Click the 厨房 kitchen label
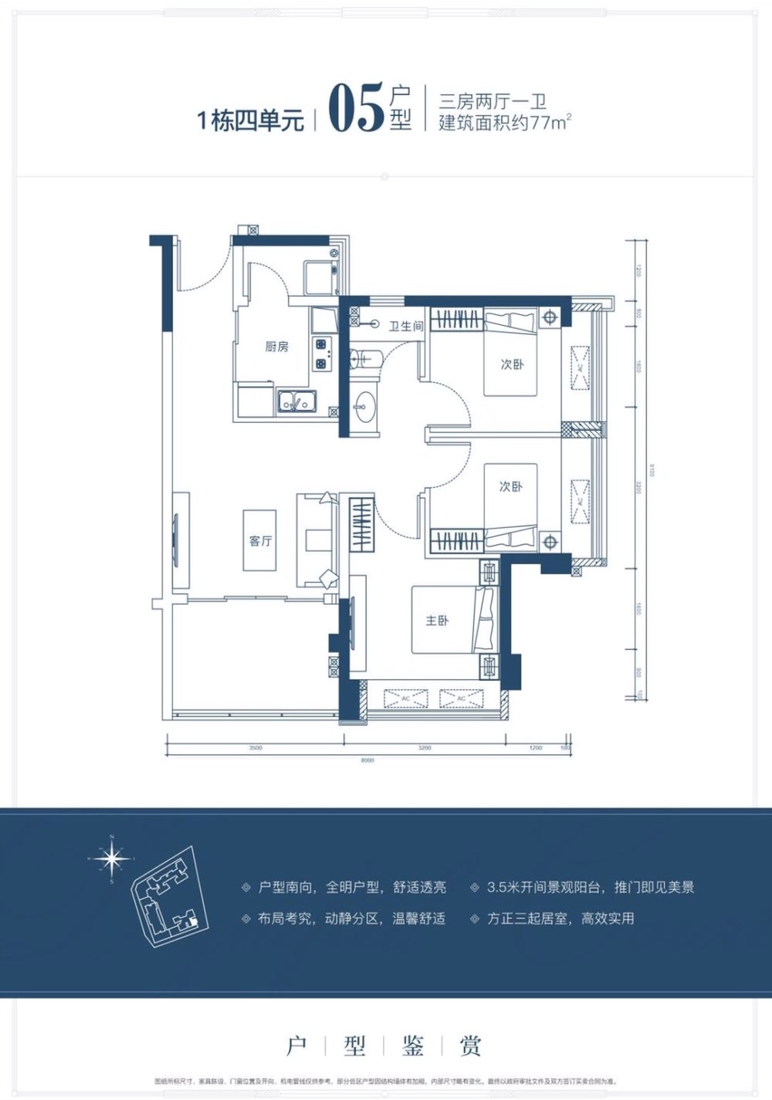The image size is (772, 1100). click(276, 347)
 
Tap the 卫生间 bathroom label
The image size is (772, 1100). click(405, 327)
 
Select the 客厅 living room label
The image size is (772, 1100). click(260, 540)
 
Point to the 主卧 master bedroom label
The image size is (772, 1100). click(437, 620)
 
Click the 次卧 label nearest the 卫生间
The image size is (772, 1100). click(511, 364)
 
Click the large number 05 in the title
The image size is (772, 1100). click(356, 110)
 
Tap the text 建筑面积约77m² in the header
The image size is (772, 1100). click(505, 123)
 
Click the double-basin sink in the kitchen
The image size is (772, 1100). click(296, 401)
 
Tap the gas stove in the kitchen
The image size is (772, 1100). click(321, 353)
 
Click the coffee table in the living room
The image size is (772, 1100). click(259, 540)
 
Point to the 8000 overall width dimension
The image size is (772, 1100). click(367, 760)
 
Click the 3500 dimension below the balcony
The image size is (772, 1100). click(256, 748)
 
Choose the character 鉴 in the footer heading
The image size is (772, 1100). click(413, 1046)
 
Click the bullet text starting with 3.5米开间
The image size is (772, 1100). click(590, 887)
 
